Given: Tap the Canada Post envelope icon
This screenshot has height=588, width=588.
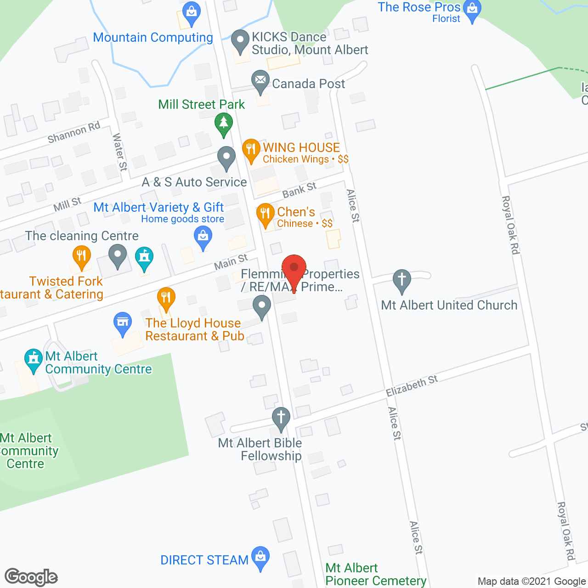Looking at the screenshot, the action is (x=260, y=81).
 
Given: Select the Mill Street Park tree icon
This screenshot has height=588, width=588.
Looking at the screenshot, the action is (x=224, y=124).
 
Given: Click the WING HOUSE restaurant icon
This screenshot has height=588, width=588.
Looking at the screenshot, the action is (x=251, y=149).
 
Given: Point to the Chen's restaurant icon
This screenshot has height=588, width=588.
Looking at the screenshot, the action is (x=265, y=214).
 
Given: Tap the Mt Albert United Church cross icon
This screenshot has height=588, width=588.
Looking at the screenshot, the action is (x=402, y=280).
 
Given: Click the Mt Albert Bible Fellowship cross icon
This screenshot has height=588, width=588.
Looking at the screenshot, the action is (x=281, y=418).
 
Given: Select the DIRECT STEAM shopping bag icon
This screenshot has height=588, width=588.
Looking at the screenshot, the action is (x=260, y=557).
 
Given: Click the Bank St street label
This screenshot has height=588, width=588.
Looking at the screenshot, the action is (x=300, y=190).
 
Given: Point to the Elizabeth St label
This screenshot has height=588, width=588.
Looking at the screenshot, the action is (x=412, y=385).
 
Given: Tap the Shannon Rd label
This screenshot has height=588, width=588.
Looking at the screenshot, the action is (x=73, y=133).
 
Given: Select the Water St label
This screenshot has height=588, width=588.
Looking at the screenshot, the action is (x=119, y=152).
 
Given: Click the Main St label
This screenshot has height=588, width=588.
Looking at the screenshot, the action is (x=231, y=262).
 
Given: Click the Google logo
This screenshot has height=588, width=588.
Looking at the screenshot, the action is (x=31, y=577).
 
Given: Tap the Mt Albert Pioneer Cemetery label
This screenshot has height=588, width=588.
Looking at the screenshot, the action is (x=376, y=575).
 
